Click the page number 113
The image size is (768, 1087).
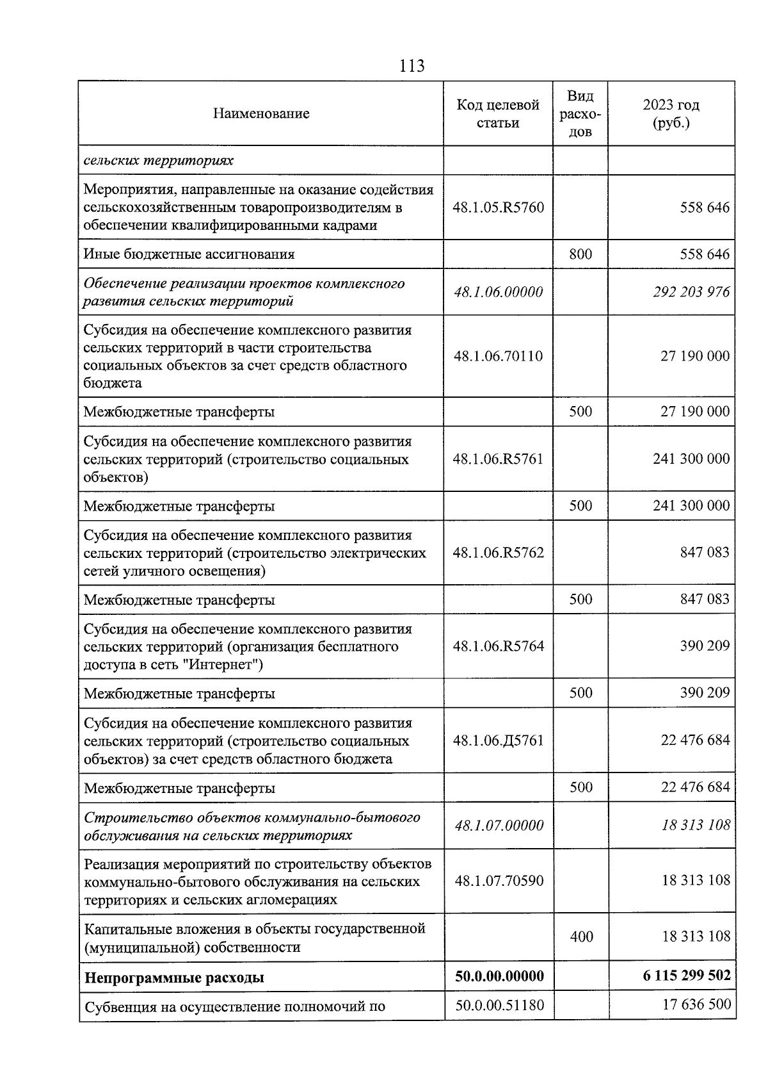[412, 66]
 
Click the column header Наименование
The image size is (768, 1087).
[261, 113]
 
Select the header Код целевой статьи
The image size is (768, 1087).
[498, 113]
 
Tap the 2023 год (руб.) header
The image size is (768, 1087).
[671, 113]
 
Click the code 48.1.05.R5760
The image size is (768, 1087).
[498, 208]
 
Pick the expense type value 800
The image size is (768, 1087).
[580, 254]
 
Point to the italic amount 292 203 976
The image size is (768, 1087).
[691, 292]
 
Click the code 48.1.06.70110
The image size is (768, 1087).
[498, 356]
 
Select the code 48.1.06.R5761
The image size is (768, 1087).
[498, 459]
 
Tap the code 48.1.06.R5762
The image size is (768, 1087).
[498, 552]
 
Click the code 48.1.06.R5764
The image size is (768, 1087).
[498, 646]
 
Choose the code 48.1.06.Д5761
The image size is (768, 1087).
[498, 740]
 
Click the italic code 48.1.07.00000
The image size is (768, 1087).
[499, 826]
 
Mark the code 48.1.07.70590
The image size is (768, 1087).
[499, 881]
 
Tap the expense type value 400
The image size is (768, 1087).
[581, 937]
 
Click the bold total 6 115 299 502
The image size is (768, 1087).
[687, 976]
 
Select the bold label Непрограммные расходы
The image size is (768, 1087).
[174, 977]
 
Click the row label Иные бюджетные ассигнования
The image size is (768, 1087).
[189, 254]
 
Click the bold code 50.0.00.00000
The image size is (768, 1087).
[499, 976]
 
